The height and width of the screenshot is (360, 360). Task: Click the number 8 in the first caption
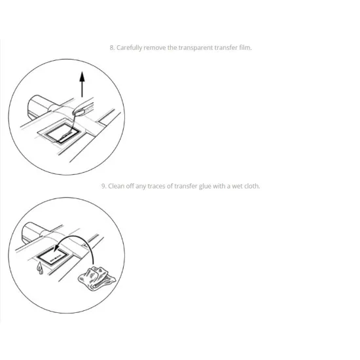coord(112,48)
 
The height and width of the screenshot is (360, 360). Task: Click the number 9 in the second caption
coord(104,186)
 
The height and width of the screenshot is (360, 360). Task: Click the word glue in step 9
coord(205,186)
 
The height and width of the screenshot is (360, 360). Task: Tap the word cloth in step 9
coord(252,186)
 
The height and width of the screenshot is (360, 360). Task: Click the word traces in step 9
coord(156,186)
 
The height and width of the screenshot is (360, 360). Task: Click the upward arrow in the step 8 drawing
coord(82,84)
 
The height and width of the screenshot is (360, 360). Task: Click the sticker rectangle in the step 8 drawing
coord(62,134)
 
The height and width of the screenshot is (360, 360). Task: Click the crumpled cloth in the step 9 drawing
coord(97,278)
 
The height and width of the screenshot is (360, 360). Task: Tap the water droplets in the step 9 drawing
coord(40,268)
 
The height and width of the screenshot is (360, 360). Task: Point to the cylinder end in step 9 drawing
coord(27,232)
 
